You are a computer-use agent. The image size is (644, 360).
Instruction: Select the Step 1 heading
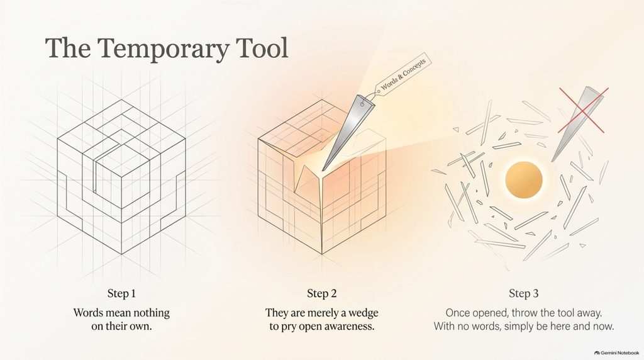(121, 293)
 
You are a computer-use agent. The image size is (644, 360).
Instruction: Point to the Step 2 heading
(322, 293)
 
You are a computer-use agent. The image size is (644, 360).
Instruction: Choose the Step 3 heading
(524, 293)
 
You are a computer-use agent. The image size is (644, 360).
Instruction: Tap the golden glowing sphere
(524, 180)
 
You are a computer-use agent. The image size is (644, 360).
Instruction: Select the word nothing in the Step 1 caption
(150, 313)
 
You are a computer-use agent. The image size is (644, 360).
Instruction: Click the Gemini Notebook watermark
(617, 352)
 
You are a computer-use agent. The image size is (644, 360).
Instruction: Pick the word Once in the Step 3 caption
(458, 313)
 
